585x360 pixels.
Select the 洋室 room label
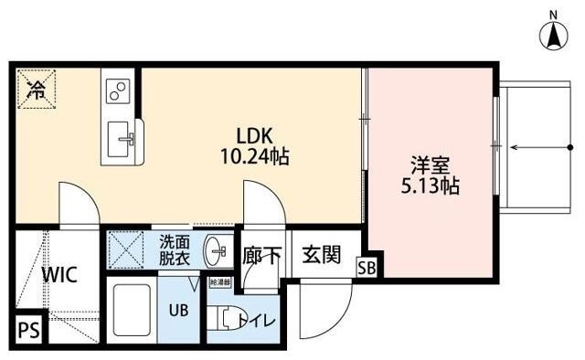click(427, 167)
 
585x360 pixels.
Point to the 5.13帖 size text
click(427, 187)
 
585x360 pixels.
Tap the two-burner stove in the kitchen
click(119, 90)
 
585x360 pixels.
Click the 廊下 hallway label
click(263, 256)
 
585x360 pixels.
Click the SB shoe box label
click(367, 268)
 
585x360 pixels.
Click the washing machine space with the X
click(125, 249)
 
